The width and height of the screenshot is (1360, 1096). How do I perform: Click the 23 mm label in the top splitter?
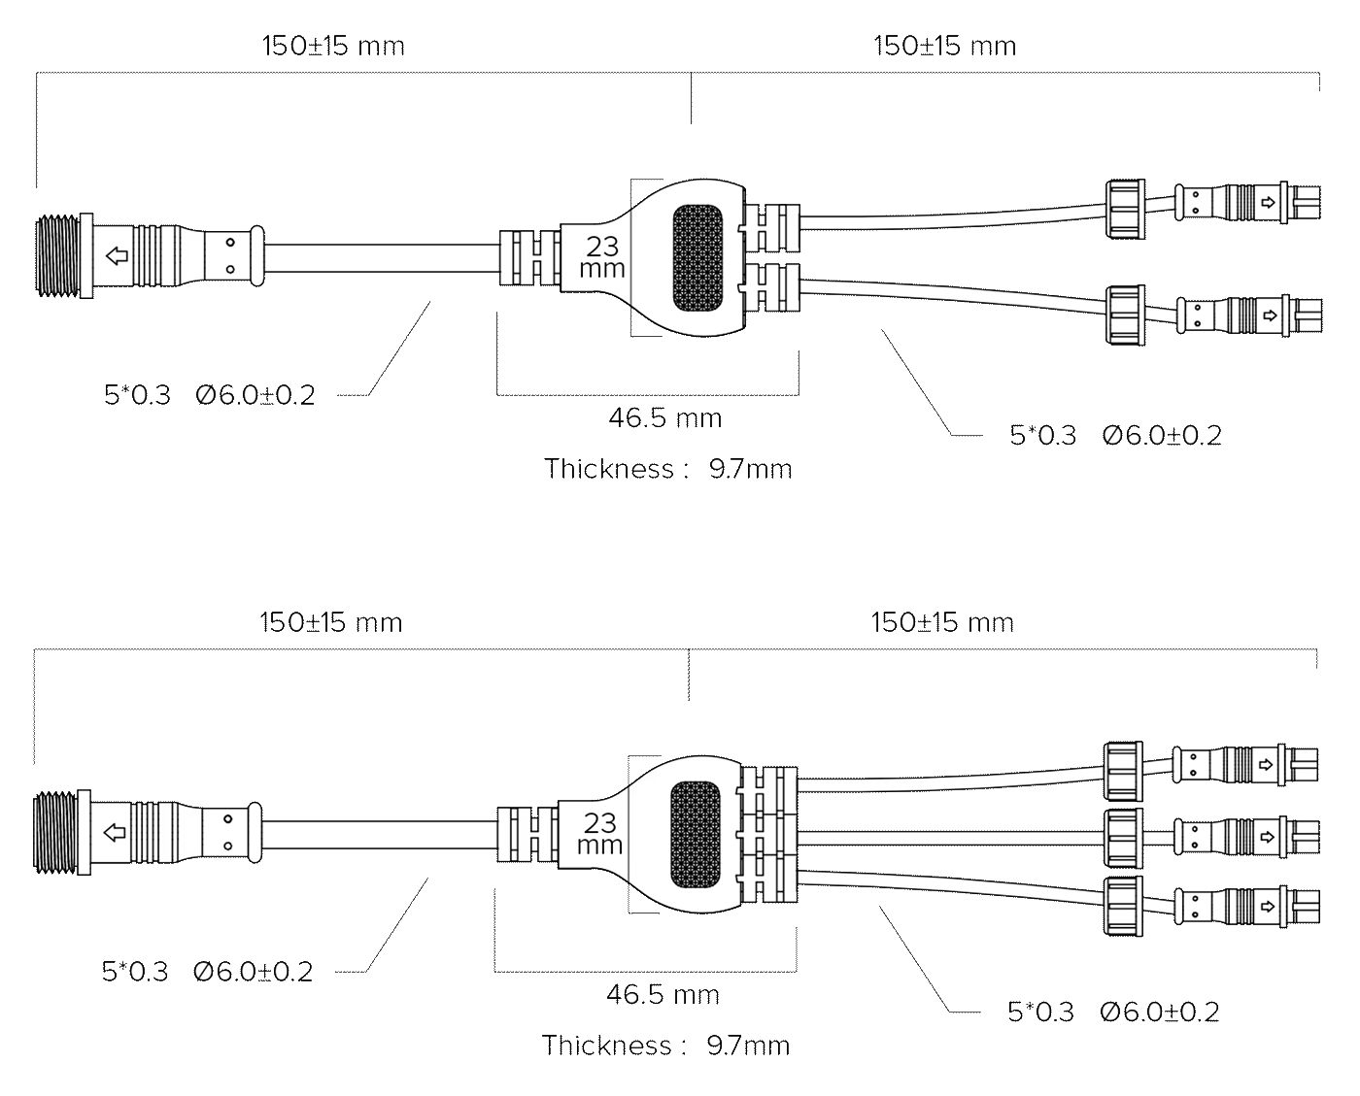[601, 257]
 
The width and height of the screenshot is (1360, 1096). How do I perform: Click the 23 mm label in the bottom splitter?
[599, 833]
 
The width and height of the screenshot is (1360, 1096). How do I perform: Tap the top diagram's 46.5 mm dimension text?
[664, 418]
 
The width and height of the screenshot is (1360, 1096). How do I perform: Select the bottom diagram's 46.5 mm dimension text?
[663, 995]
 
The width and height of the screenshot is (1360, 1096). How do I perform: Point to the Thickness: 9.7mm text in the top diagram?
[668, 469]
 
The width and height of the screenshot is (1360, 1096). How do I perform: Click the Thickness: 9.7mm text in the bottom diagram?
[665, 1046]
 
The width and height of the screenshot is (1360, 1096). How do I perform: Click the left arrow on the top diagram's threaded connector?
[117, 256]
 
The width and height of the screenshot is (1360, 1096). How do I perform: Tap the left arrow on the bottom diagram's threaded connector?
[115, 833]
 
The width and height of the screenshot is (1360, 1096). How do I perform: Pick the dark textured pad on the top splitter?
[697, 257]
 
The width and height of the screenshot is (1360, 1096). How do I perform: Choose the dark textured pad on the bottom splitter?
[696, 835]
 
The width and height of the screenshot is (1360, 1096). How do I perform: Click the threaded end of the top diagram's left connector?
[58, 256]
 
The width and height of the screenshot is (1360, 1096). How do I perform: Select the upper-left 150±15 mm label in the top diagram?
[333, 47]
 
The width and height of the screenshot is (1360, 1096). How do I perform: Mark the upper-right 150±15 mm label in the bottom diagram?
[942, 623]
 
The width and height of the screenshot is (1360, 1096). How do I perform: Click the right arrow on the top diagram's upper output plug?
[1268, 202]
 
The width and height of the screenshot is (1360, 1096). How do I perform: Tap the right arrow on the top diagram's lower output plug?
[1269, 316]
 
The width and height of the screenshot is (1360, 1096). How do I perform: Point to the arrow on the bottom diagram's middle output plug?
[1267, 837]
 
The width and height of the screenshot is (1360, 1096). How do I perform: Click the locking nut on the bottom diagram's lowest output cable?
[1123, 907]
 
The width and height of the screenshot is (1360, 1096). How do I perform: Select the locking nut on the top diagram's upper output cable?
[1126, 209]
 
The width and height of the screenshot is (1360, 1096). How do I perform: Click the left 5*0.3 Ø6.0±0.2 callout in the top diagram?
[209, 395]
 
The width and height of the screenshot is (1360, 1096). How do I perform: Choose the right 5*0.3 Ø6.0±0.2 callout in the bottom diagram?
[1113, 1012]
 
